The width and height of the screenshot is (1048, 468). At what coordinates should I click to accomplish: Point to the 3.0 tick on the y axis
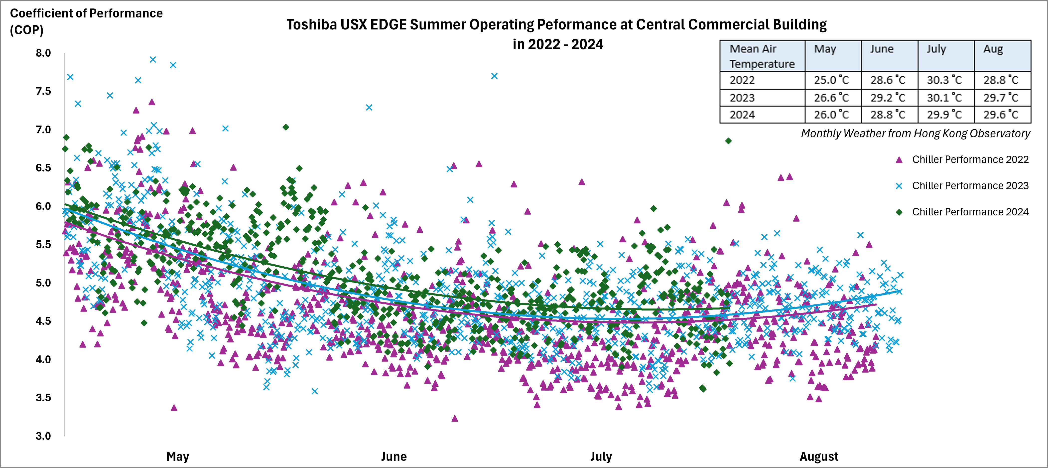(43, 436)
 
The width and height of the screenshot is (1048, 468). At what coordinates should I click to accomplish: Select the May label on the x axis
(178, 456)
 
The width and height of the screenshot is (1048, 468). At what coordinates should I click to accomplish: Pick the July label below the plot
(601, 456)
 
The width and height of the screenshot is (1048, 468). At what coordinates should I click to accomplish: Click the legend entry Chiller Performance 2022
(970, 159)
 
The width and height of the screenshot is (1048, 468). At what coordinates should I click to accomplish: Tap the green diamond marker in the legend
(899, 212)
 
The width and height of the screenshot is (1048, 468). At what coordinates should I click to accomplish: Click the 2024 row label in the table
(742, 115)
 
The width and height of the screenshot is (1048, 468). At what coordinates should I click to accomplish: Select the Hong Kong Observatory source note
(915, 134)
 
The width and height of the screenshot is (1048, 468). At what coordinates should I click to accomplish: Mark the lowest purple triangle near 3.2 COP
(455, 418)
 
